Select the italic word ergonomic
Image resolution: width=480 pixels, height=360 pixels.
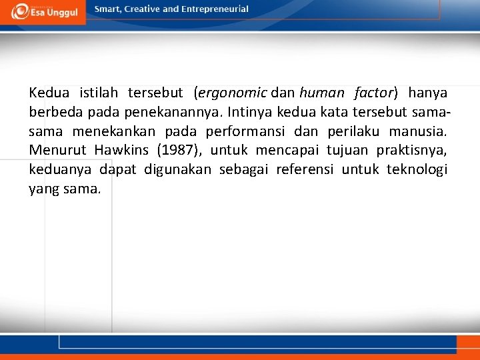coord(233,93)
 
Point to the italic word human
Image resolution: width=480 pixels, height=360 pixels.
coord(322,93)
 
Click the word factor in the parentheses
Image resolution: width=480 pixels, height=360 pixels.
coord(375,93)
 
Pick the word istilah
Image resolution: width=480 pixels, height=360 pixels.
coord(100,93)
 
